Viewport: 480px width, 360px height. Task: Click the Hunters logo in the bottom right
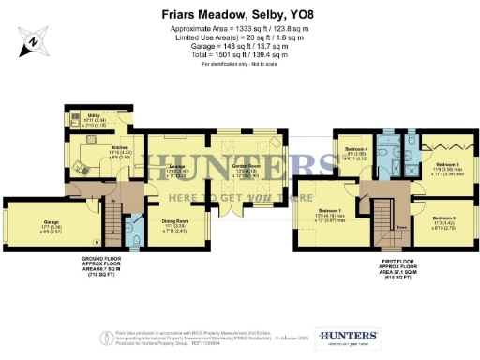pos(349,337)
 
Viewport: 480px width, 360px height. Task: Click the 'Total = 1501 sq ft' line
pos(240,54)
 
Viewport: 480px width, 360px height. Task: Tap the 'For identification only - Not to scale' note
pos(240,63)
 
